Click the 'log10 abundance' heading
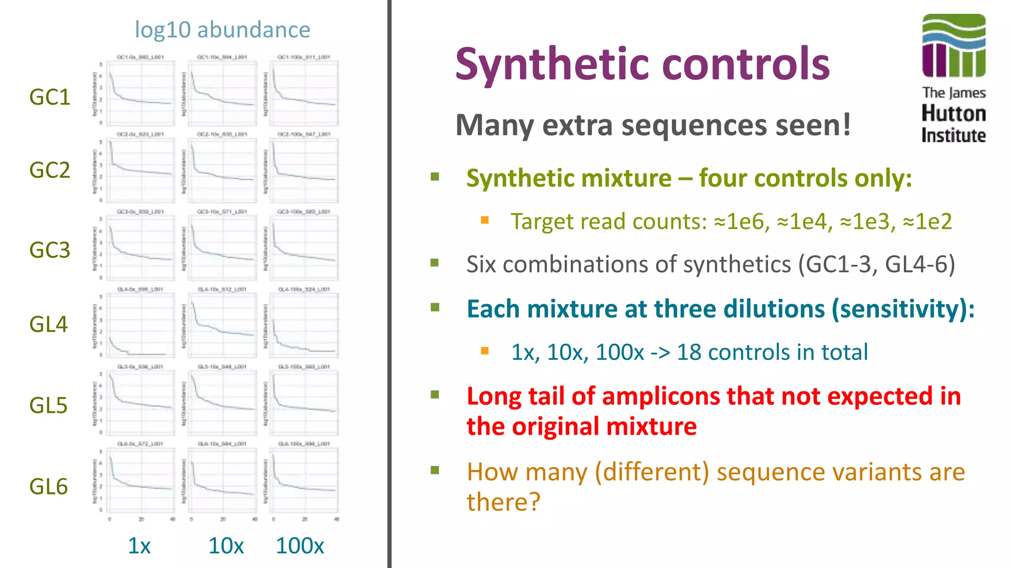[222, 30]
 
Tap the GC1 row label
[49, 97]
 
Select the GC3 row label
[49, 250]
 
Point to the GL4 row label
[48, 324]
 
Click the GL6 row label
[48, 487]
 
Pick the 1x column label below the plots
[139, 546]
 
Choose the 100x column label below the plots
[300, 546]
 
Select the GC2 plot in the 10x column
[223, 170]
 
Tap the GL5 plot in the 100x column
[305, 402]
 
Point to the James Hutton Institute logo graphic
[953, 46]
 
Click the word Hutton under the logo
[953, 113]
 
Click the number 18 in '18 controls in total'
[689, 352]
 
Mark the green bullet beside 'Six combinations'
[435, 262]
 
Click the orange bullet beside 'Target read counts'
[485, 220]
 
